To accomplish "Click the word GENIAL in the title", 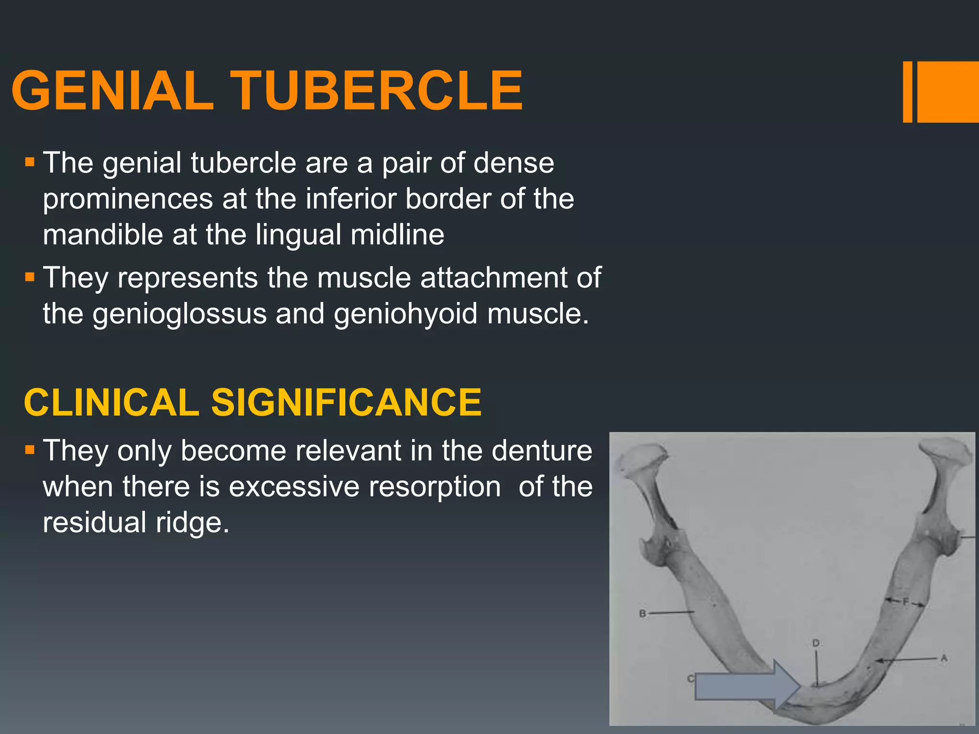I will point(113,91).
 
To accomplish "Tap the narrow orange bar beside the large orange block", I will point(907,92).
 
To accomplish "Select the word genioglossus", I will point(179,315).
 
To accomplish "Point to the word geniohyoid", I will point(405,315).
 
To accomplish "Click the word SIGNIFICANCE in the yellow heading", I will point(346,402).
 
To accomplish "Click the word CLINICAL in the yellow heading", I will point(111,402).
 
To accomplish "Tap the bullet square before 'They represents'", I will point(30,277).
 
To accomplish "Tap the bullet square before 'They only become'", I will point(30,450).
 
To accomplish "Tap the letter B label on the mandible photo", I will point(643,614).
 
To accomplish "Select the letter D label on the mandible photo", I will point(816,644).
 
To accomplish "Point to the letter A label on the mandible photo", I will point(944,658).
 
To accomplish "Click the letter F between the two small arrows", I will point(905,602).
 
